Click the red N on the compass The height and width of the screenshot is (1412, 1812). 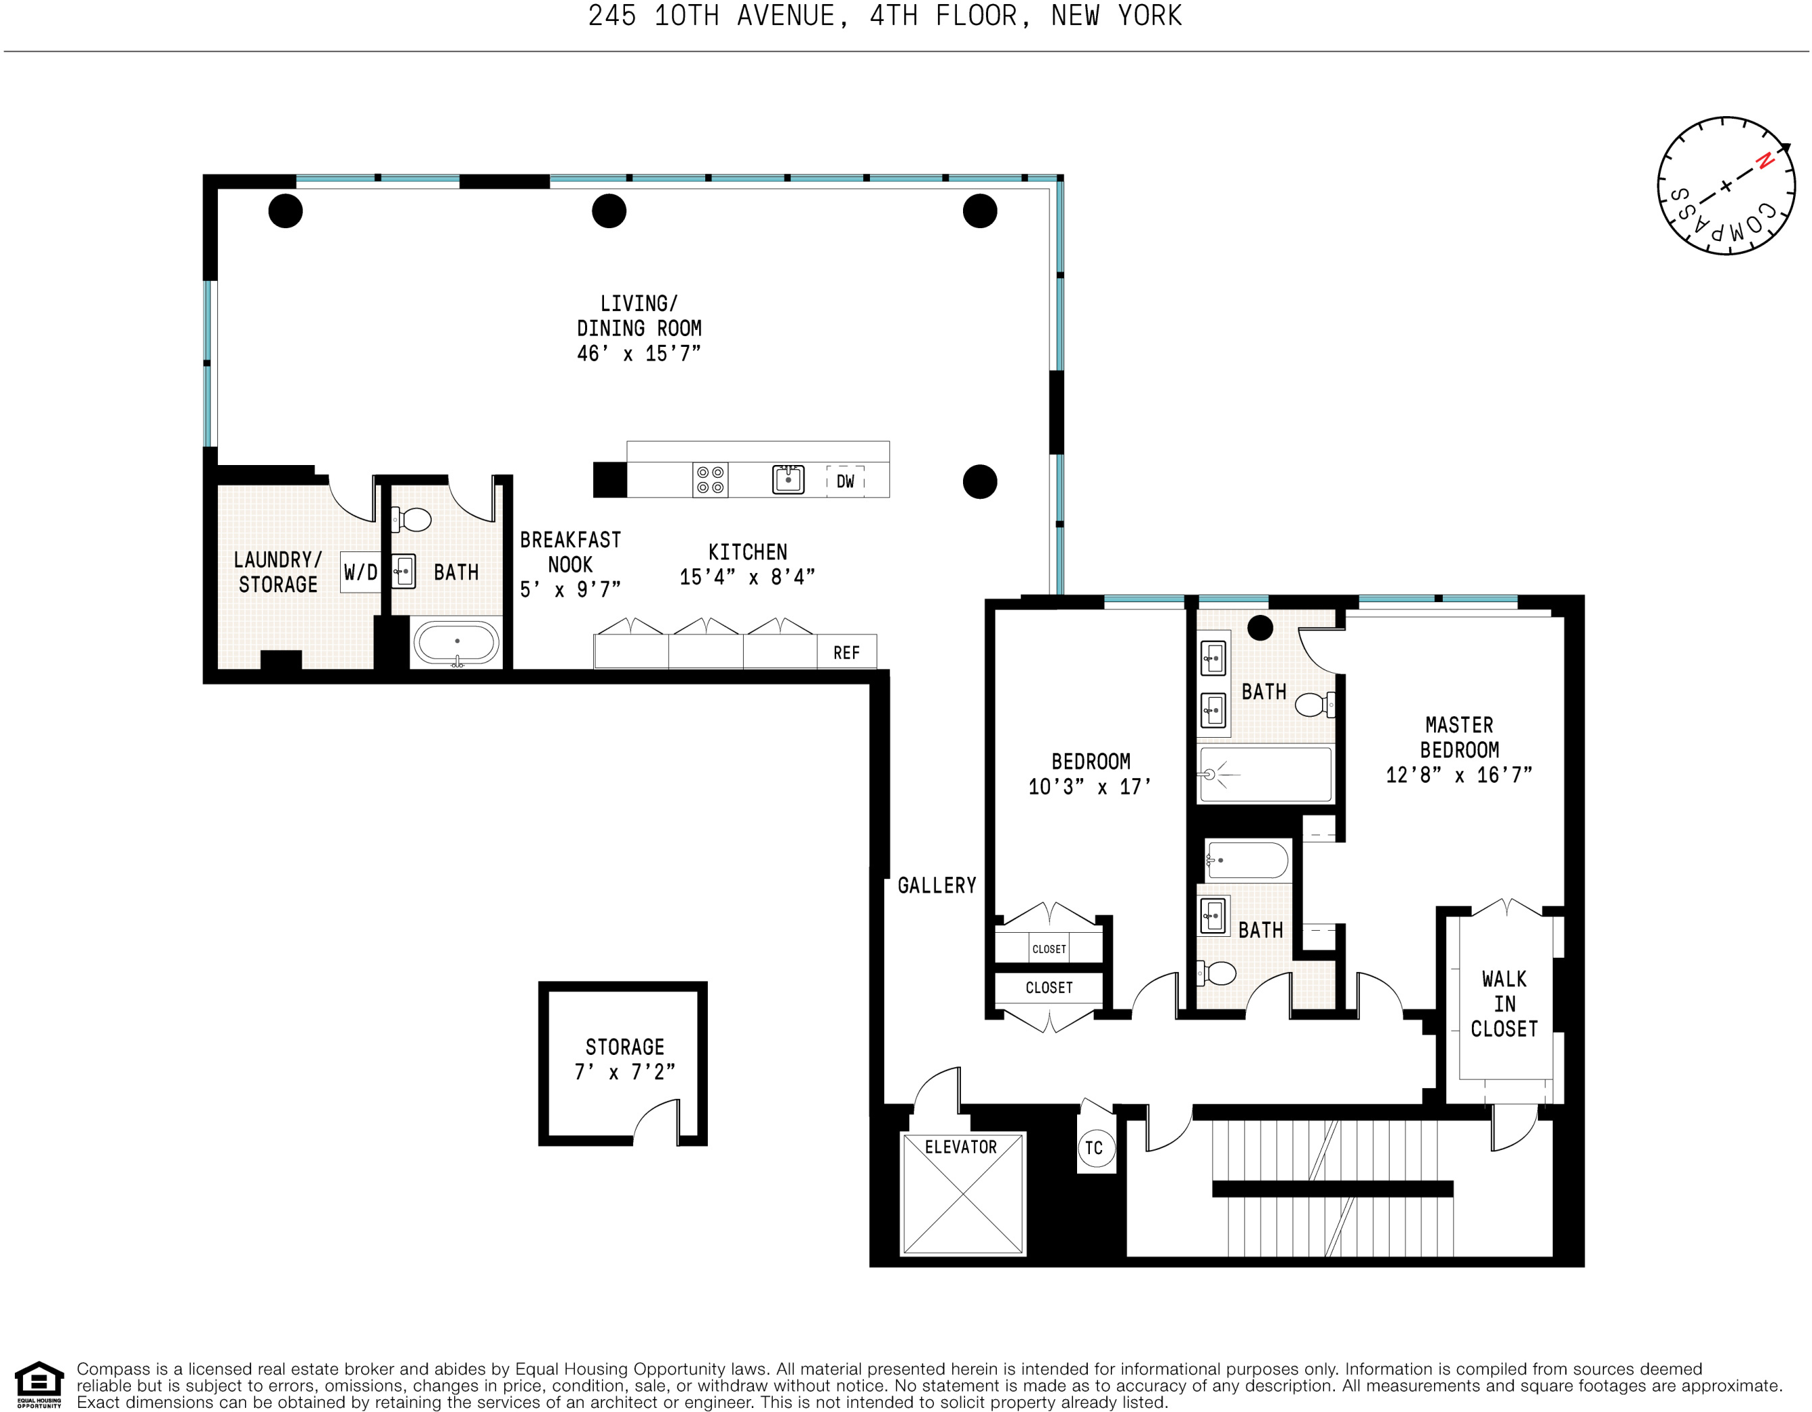1765,161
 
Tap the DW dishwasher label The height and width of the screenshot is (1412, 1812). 845,481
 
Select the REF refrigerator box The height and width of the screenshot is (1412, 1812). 846,653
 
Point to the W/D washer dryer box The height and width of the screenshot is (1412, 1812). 360,572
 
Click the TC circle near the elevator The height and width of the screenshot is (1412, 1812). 1095,1148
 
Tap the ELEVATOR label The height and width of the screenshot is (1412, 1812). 961,1147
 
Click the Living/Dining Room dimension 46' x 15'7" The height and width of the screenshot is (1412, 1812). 639,354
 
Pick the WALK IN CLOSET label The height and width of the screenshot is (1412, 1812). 1504,1004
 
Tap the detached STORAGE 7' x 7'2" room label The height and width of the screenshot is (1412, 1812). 625,1060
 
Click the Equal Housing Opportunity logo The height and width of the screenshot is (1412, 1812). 39,1384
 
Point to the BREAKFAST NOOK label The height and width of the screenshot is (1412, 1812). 570,553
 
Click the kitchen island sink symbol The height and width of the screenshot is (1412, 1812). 788,479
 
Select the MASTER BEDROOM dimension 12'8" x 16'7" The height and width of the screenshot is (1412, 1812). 1458,776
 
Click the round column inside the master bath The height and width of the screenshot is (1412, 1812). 1260,628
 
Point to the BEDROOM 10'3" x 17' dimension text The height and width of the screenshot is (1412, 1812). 1090,787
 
